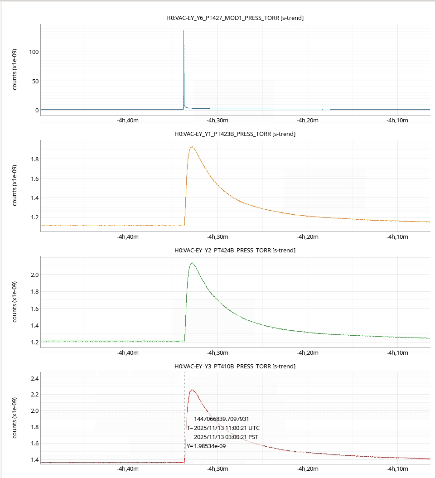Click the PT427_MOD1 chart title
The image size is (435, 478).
(235, 18)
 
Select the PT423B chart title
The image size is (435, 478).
(235, 134)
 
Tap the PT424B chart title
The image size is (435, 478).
(235, 250)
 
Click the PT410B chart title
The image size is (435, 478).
(235, 366)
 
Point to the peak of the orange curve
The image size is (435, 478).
(192, 147)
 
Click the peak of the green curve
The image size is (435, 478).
(192, 263)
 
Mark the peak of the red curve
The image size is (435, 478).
(192, 390)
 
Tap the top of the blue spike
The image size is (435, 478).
(184, 31)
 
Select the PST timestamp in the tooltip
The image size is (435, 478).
(227, 437)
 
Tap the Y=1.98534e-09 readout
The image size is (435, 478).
(206, 446)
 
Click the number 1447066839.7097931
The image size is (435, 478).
(222, 419)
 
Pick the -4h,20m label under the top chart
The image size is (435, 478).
(307, 121)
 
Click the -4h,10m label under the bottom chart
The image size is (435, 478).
(397, 468)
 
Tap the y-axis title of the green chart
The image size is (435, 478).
(15, 302)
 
